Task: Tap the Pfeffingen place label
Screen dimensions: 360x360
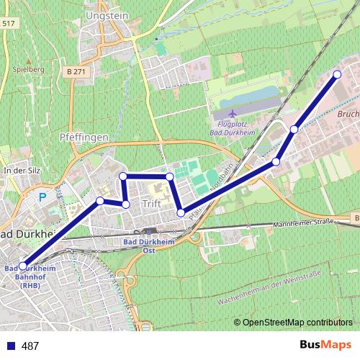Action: pos(84,136)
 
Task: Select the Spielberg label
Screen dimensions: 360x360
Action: pos(29,69)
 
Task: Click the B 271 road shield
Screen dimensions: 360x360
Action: pos(75,72)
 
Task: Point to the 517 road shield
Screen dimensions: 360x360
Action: pos(8,24)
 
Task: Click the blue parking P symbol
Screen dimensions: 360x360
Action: pos(42,196)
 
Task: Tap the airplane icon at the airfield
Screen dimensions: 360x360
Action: pos(231,114)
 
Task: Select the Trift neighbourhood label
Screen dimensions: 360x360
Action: pos(151,204)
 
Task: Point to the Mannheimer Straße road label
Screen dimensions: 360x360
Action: pos(303,223)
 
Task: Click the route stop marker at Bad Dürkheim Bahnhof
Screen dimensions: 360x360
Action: pos(24,266)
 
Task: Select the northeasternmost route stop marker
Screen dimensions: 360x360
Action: pos(337,74)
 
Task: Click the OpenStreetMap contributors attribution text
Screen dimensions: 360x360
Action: pos(293,323)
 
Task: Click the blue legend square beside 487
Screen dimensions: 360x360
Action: pos(10,346)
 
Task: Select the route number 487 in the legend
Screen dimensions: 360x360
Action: pos(30,346)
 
